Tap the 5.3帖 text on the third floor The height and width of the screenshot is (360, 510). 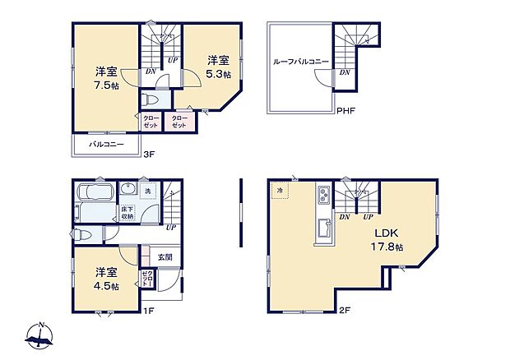219,74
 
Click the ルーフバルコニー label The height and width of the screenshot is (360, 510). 302,61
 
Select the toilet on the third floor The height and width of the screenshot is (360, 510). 148,99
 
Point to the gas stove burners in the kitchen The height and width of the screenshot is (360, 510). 322,197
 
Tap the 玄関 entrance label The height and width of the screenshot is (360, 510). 165,257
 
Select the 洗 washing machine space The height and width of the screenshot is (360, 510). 148,192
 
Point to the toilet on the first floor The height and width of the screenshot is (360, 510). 81,234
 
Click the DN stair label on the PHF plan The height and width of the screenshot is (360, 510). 345,72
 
